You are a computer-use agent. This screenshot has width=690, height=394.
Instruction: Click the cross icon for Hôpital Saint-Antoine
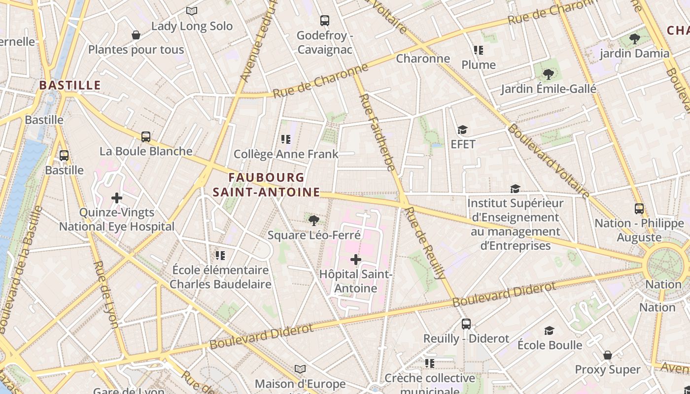[x=355, y=259]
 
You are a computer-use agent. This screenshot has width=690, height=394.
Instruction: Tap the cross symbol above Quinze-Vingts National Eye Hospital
[x=117, y=198]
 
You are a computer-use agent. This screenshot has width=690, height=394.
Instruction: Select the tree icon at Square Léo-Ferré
[x=313, y=220]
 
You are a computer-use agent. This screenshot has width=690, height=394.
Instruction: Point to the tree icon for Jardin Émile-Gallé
[x=548, y=74]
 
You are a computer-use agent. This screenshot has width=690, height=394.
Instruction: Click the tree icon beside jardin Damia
[x=635, y=38]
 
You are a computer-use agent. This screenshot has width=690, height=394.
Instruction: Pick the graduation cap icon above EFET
[x=462, y=130]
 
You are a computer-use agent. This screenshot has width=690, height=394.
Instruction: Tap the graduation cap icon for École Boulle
[x=549, y=330]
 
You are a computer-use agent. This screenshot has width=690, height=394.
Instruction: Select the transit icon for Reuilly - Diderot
[x=466, y=324]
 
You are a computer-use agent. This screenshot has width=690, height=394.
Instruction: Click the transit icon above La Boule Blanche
[x=146, y=136]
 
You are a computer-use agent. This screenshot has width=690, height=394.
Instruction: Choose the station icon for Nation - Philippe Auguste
[x=639, y=208]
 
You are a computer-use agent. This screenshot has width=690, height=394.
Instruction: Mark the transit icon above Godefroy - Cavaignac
[x=325, y=21]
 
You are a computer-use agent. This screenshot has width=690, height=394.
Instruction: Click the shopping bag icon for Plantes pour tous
[x=136, y=35]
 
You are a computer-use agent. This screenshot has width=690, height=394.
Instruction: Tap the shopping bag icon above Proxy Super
[x=608, y=355]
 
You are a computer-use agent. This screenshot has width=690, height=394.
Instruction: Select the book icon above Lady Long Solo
[x=192, y=11]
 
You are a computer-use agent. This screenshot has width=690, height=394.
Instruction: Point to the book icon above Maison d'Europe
[x=300, y=368]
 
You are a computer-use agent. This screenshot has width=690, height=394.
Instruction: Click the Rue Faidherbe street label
[x=378, y=132]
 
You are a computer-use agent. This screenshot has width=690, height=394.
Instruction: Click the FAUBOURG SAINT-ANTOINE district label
[x=267, y=185]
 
